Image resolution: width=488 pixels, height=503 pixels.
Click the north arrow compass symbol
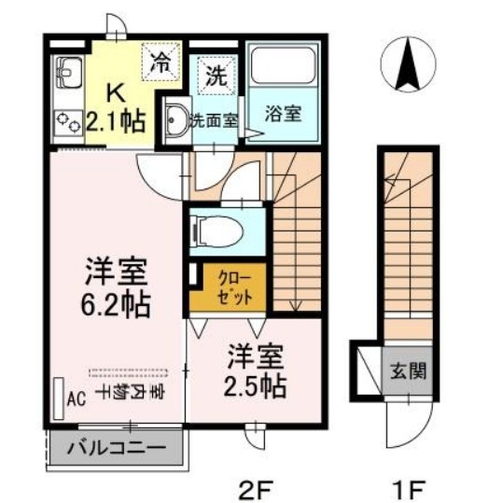coord(407,63)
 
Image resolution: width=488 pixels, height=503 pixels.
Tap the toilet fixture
coord(211,228)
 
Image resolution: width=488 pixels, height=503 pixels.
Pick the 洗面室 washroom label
coord(213,119)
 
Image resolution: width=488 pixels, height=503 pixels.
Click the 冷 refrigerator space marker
coord(161,63)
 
